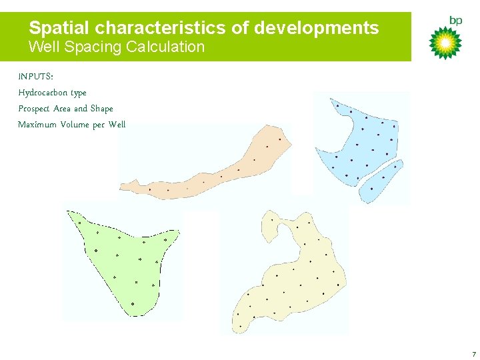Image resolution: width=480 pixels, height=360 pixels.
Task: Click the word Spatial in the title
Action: (59, 28)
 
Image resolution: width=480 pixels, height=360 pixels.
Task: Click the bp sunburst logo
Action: (445, 43)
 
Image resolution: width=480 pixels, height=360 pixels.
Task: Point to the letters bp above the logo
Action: (456, 21)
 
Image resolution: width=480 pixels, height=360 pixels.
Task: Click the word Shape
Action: (102, 109)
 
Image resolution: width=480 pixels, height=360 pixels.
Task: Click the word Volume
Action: (75, 125)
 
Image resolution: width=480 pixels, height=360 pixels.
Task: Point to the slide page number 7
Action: (473, 354)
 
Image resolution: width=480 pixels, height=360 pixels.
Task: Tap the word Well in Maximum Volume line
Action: (117, 125)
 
